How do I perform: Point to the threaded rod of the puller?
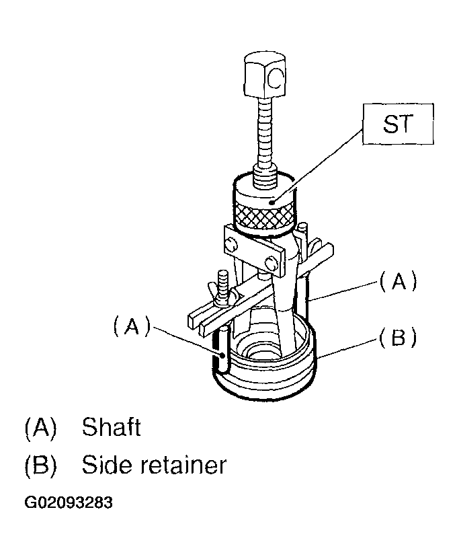(x=264, y=135)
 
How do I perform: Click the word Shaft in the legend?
(x=111, y=427)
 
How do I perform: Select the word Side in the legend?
(x=106, y=465)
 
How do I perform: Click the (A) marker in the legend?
(x=40, y=427)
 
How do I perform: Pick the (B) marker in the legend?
(x=40, y=465)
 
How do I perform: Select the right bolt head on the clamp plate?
(x=272, y=259)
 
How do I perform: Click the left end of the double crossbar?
(x=194, y=318)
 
